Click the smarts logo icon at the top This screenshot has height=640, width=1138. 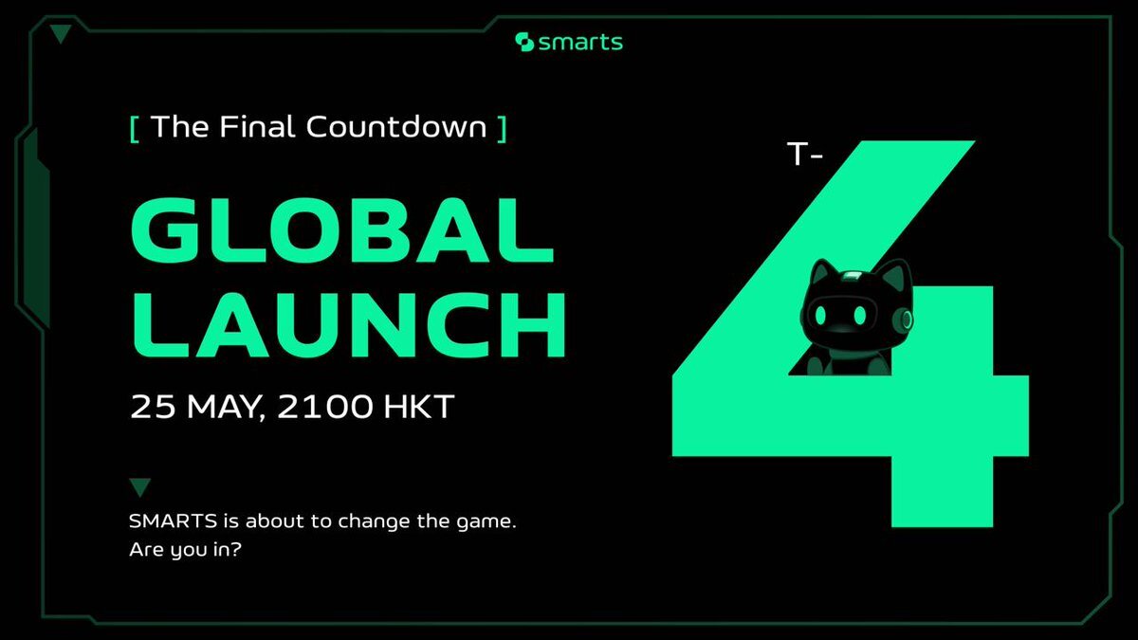[x=524, y=42]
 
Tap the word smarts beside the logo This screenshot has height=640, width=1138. [x=580, y=43]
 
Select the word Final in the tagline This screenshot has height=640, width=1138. [x=257, y=126]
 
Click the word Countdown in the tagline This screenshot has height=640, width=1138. [x=396, y=126]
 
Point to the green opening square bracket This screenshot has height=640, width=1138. [x=135, y=130]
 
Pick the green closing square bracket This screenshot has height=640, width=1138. [x=502, y=130]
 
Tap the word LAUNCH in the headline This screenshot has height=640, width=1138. [x=349, y=324]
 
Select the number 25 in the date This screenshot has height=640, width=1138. [x=153, y=407]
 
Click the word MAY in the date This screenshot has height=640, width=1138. [x=224, y=407]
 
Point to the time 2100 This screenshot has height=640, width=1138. [x=324, y=407]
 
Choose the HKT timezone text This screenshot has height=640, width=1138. [x=418, y=407]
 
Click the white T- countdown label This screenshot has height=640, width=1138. [x=805, y=154]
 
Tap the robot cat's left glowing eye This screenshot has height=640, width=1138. [x=821, y=316]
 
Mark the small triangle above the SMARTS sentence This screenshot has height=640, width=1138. [x=140, y=487]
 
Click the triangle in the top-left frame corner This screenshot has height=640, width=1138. [x=61, y=34]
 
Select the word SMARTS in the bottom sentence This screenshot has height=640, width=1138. [x=174, y=521]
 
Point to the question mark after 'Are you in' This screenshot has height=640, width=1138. [x=236, y=549]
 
